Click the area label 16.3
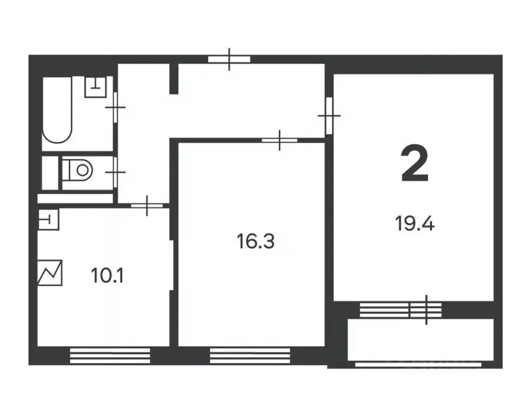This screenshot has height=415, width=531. (x=256, y=241)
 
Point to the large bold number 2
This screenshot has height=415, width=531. (x=415, y=165)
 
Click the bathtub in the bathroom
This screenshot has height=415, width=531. (x=57, y=110)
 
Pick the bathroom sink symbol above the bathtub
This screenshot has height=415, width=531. (x=96, y=86)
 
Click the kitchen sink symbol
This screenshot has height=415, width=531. (x=48, y=219)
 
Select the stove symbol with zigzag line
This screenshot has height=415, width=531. (x=50, y=273)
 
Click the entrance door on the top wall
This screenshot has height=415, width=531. (x=229, y=59)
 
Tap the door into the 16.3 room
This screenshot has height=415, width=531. (x=280, y=140)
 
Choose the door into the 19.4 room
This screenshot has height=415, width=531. (x=329, y=115)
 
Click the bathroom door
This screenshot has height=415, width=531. (x=115, y=107)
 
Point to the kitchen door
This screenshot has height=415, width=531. (x=147, y=205)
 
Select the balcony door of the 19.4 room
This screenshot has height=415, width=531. (x=426, y=310)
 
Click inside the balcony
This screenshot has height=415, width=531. (x=422, y=340)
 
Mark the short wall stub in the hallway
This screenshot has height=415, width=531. (x=173, y=79)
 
